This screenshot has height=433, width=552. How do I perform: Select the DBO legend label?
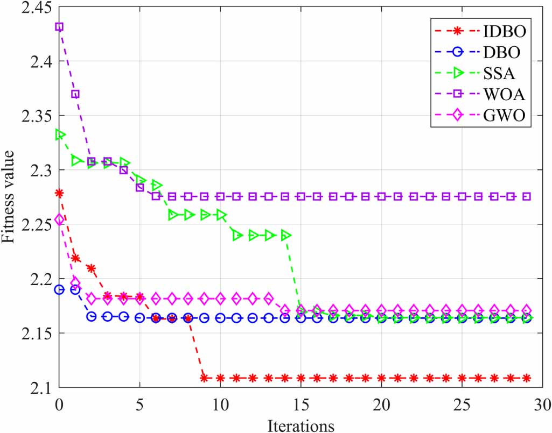point(501,54)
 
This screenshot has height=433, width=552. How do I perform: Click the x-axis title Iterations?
point(301,425)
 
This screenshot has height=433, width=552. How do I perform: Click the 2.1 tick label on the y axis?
point(37,388)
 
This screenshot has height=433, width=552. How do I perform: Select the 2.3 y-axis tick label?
point(37,170)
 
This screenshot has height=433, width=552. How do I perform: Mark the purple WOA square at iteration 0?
point(59,26)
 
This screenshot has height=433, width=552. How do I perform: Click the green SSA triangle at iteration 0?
point(60,134)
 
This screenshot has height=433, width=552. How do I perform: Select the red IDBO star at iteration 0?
point(59,193)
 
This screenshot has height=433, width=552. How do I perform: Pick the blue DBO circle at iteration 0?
point(59,290)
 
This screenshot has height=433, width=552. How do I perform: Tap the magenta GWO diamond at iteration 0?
point(59,219)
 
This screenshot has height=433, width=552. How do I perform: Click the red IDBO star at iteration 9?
point(204,378)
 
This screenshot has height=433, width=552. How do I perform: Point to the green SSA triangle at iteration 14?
point(285,236)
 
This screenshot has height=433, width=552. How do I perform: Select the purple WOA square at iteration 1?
point(75,94)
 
